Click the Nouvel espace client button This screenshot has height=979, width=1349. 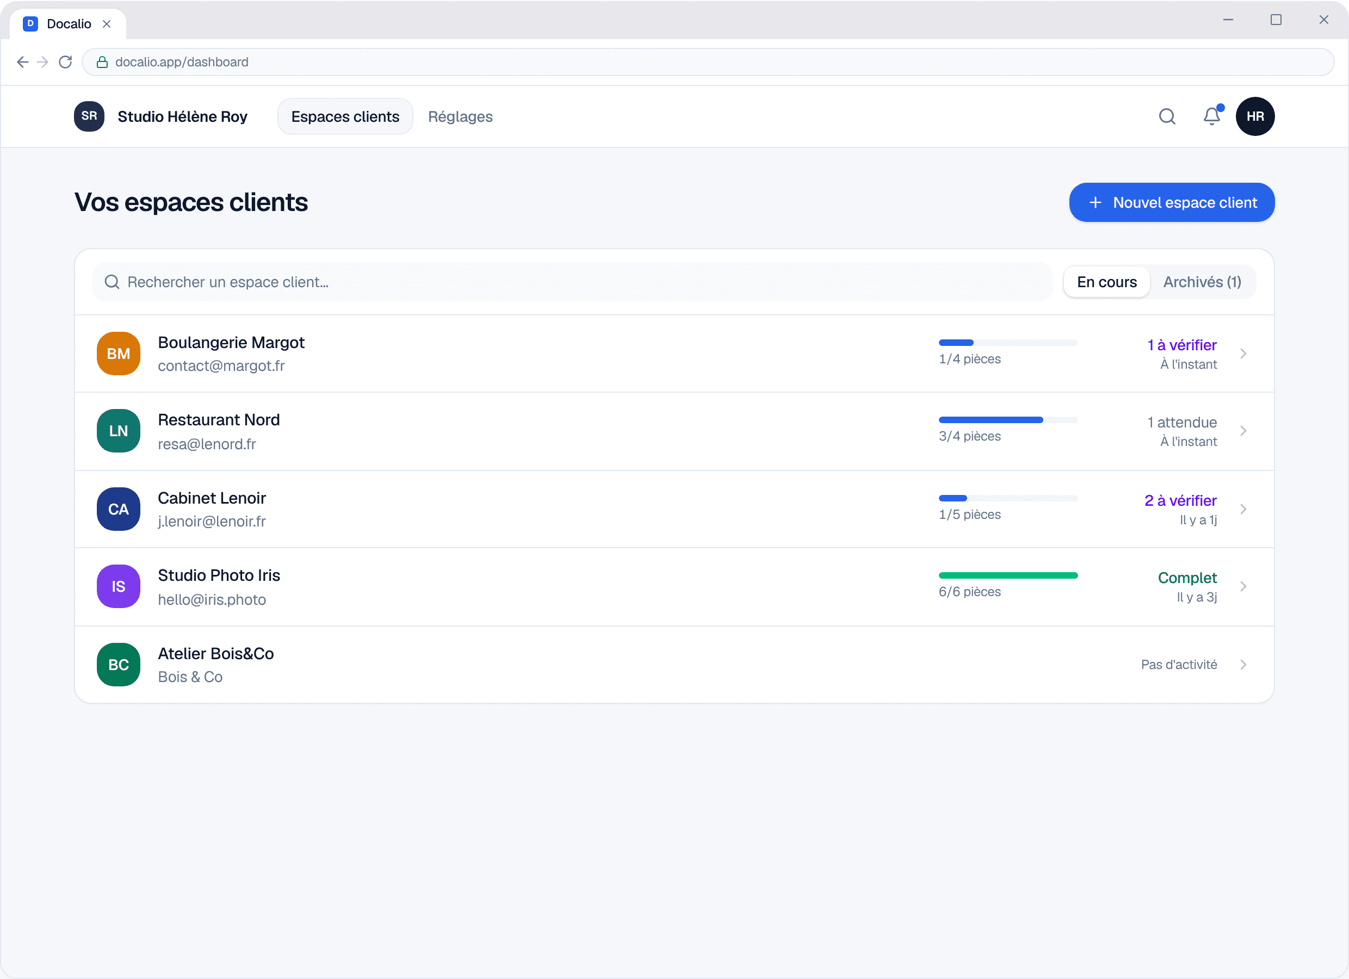[1171, 202]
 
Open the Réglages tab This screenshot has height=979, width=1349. [460, 116]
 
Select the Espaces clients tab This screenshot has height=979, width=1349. [345, 116]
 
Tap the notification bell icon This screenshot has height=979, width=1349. [1211, 116]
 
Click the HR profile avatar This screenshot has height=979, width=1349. [1255, 116]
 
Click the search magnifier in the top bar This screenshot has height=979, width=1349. [1167, 116]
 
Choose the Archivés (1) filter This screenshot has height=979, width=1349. [1202, 282]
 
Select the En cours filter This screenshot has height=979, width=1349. [1106, 282]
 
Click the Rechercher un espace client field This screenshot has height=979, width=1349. [572, 282]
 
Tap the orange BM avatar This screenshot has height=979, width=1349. [119, 354]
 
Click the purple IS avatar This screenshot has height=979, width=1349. [119, 586]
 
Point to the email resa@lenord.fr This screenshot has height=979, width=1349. [207, 444]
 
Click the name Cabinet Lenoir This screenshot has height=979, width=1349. [212, 498]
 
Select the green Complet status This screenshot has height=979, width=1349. [1187, 578]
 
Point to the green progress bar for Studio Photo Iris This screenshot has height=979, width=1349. [1007, 575]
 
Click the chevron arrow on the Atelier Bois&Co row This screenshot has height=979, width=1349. [1243, 665]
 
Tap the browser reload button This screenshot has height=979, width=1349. [65, 62]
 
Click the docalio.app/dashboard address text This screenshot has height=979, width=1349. [182, 62]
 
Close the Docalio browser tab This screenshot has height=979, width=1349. [107, 24]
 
